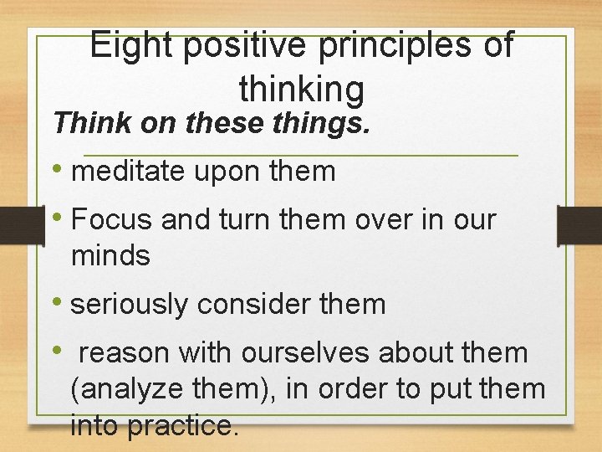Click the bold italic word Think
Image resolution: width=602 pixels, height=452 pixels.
pos(84,123)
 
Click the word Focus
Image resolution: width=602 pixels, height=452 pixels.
pos(113,219)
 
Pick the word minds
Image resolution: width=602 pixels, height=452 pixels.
pos(111,255)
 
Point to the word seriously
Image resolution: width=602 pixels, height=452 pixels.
pos(130,305)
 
